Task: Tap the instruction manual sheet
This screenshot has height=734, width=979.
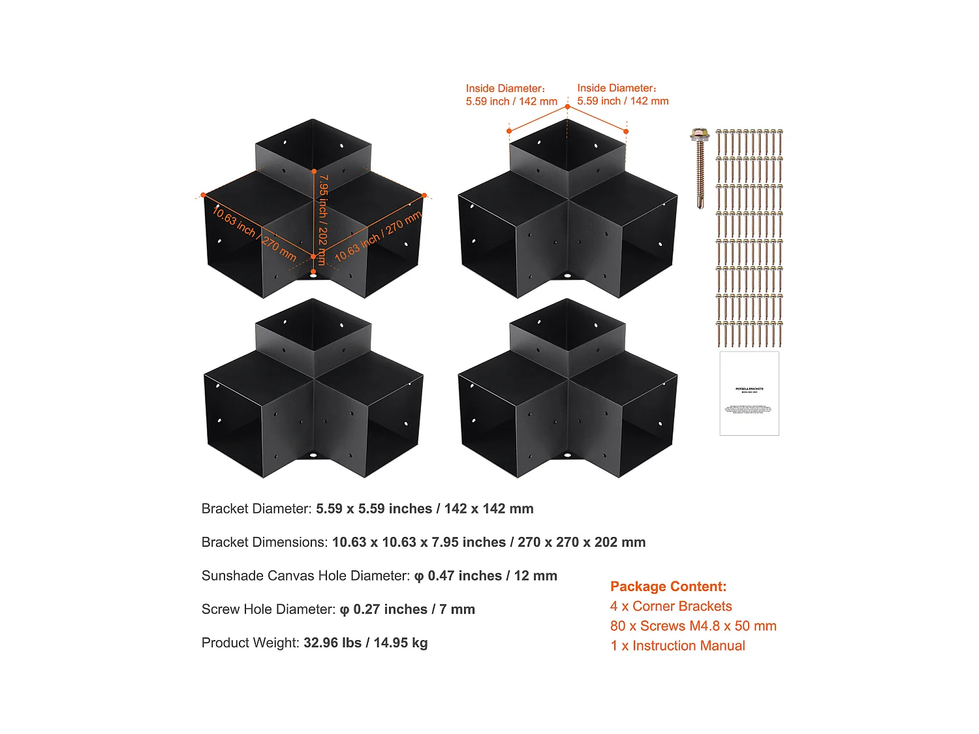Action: [749, 393]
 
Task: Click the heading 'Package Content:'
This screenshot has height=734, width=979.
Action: [668, 587]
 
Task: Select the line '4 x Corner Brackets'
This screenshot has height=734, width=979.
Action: [671, 606]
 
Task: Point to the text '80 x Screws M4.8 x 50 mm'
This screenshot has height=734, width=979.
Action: [693, 626]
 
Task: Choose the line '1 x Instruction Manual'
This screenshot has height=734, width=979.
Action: [677, 645]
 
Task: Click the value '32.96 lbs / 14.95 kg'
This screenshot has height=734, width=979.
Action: [365, 643]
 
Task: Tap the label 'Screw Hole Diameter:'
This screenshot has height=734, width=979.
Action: [268, 609]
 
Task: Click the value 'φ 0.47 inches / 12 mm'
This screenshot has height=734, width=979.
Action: [486, 575]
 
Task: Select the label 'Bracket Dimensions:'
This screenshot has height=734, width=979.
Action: [264, 542]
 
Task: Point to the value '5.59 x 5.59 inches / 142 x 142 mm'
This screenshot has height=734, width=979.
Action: [424, 509]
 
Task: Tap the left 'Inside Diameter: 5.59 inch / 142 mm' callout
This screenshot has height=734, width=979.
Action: [511, 95]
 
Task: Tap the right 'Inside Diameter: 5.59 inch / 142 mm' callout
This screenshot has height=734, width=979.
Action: [623, 95]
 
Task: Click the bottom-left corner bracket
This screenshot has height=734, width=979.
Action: [313, 391]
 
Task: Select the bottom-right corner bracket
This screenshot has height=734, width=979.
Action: [568, 391]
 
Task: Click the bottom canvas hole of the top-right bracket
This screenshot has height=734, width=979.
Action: [567, 275]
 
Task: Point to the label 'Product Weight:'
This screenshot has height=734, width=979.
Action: [250, 643]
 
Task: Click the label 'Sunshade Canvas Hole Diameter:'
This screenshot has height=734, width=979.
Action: [305, 575]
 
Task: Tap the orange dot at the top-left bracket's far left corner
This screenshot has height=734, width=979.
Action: [204, 194]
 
